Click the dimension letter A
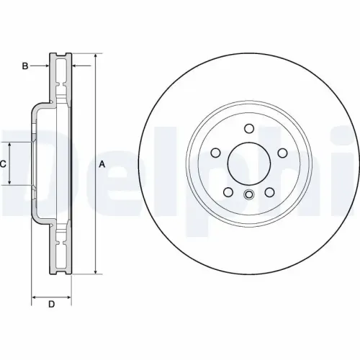tap(102, 164)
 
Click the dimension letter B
tap(24, 66)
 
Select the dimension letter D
tap(51, 305)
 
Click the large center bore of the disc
tap(248, 164)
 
